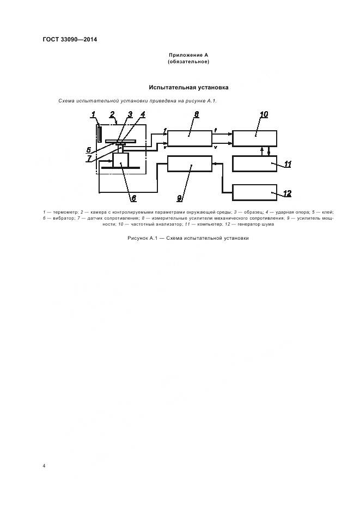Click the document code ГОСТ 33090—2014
(x=70, y=40)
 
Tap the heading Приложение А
(x=188, y=55)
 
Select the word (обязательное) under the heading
(x=188, y=62)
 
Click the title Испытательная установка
(x=188, y=88)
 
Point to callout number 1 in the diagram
(x=93, y=114)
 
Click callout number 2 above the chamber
(x=112, y=114)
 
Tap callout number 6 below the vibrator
(x=133, y=198)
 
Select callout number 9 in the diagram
(x=180, y=198)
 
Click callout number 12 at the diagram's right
(x=287, y=193)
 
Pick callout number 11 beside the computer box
(x=288, y=164)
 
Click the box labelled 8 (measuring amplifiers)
(x=190, y=138)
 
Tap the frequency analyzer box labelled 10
(x=254, y=138)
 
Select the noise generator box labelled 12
(x=254, y=192)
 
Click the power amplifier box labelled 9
(x=190, y=163)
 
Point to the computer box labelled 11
(x=254, y=163)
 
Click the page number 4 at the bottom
(x=44, y=466)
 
